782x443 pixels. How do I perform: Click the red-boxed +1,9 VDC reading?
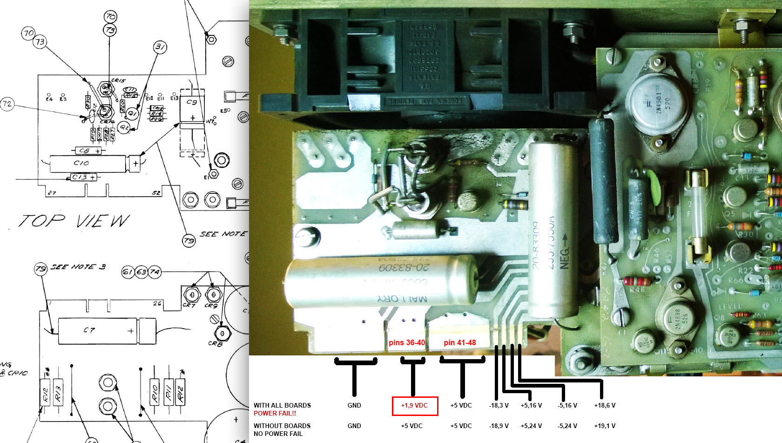414,406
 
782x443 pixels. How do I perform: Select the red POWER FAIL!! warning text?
275,413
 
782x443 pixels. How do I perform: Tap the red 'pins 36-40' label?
407,343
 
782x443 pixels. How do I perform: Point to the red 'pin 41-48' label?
460,343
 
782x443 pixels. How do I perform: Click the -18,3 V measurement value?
499,406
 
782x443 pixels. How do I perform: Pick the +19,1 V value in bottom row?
605,426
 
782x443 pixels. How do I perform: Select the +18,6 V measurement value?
605,406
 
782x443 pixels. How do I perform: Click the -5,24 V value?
567,426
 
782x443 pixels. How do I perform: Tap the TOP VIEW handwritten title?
74,221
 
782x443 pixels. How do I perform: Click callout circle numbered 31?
160,47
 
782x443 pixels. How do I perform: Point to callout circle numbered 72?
7,104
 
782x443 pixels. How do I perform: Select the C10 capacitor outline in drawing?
88,164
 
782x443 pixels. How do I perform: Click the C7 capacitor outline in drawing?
98,330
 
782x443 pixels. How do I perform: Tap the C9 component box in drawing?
192,107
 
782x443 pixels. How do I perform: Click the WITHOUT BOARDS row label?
282,426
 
